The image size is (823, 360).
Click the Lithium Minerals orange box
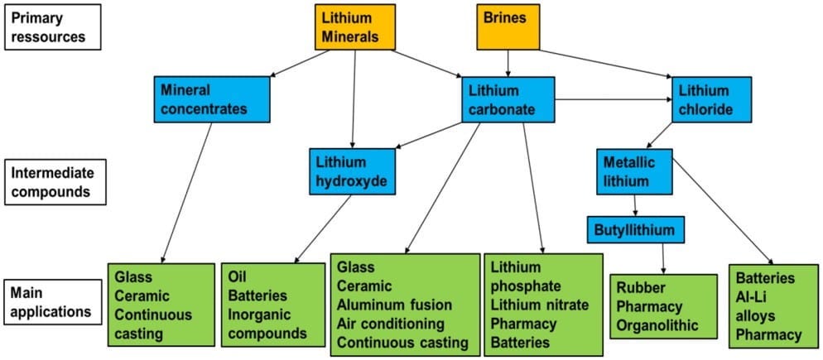(x=355, y=26)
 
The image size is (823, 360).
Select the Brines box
(x=508, y=26)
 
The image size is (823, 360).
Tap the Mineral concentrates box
(x=212, y=99)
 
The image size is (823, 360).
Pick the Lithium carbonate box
(x=508, y=99)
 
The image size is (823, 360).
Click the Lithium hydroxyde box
(x=352, y=171)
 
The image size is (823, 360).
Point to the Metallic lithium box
(x=634, y=171)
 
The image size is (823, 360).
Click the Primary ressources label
(x=52, y=26)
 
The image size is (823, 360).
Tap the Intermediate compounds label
(x=55, y=181)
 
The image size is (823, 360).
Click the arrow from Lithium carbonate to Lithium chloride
(x=614, y=98)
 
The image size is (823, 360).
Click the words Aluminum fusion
(x=395, y=305)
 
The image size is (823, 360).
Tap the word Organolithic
(x=657, y=325)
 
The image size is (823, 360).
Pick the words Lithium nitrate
(x=540, y=305)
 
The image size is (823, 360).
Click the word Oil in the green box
(x=238, y=276)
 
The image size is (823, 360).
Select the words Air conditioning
(x=391, y=324)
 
